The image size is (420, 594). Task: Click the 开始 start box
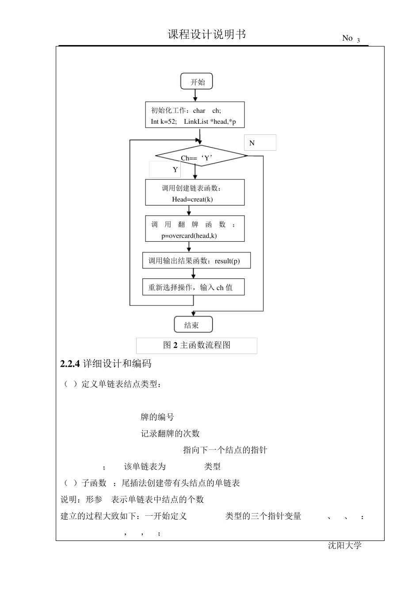pos(197,82)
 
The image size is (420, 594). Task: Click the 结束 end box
pos(193,325)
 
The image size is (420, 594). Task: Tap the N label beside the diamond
pos(252,143)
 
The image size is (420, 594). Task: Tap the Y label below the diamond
pos(175,170)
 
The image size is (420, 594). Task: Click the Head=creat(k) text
pos(192,199)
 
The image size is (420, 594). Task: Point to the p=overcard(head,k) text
pos(189,236)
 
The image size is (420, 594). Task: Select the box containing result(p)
pos(196,261)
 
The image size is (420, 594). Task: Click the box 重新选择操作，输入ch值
pos(193,287)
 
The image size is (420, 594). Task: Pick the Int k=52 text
pos(164,122)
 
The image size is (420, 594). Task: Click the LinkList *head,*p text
pos(210,122)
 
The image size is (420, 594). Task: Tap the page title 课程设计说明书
pos(207,34)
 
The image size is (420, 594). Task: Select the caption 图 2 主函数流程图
pos(197,345)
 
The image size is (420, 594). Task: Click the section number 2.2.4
pos(70,364)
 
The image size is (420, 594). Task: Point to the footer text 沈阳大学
pos(345,545)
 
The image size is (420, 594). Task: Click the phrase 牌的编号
pos(157,417)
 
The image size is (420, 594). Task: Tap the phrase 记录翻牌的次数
pos(170,434)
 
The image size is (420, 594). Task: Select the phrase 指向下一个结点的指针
pos(225,450)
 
